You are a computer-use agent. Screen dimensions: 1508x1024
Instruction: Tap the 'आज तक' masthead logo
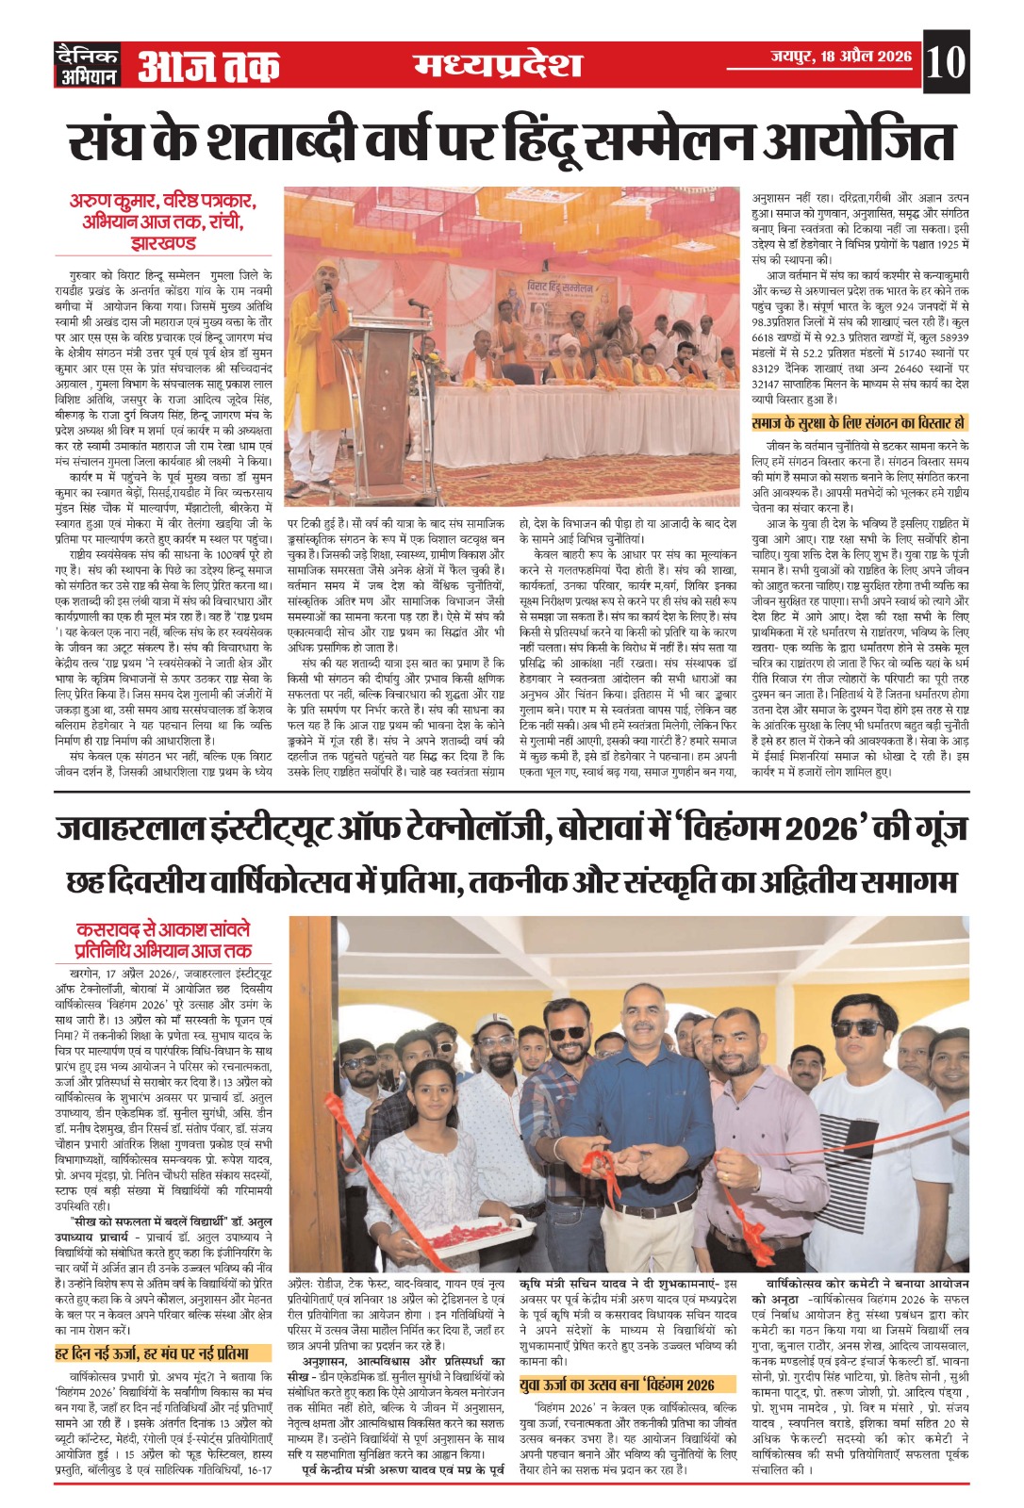pyautogui.click(x=209, y=64)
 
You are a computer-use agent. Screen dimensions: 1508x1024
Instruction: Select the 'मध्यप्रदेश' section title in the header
pyautogui.click(x=498, y=64)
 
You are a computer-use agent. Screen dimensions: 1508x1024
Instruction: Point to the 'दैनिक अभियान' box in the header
pyautogui.click(x=88, y=64)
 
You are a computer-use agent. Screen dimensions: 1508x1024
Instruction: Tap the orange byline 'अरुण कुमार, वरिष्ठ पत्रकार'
pyautogui.click(x=162, y=202)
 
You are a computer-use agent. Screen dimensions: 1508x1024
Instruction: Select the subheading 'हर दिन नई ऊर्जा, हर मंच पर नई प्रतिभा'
pyautogui.click(x=152, y=1352)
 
